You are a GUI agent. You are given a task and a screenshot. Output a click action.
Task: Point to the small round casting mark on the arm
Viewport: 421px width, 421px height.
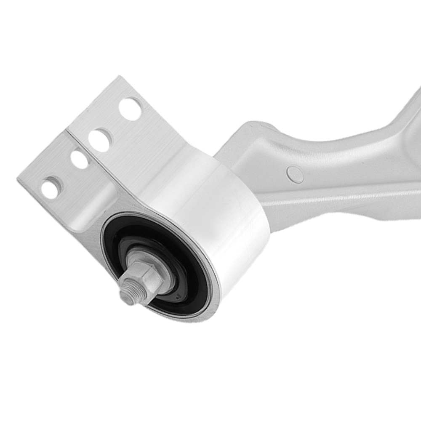coord(295,174)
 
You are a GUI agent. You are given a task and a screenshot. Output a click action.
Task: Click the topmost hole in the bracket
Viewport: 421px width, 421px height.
coord(131,108)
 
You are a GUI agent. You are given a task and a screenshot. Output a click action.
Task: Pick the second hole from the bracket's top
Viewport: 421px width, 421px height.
coord(100,140)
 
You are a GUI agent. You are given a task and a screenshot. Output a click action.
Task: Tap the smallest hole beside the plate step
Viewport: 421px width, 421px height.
coord(79,159)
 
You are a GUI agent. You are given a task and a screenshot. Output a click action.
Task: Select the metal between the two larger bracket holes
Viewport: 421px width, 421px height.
coord(115,124)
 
